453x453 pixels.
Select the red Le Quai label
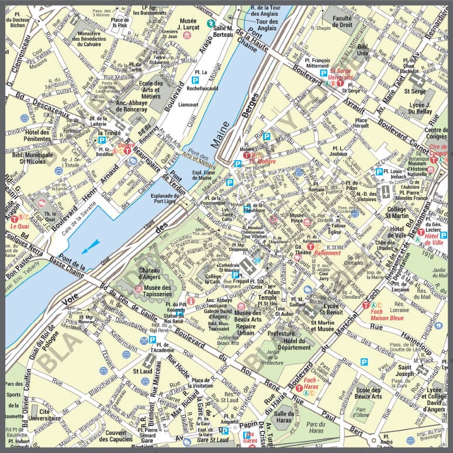(x=19, y=225)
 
